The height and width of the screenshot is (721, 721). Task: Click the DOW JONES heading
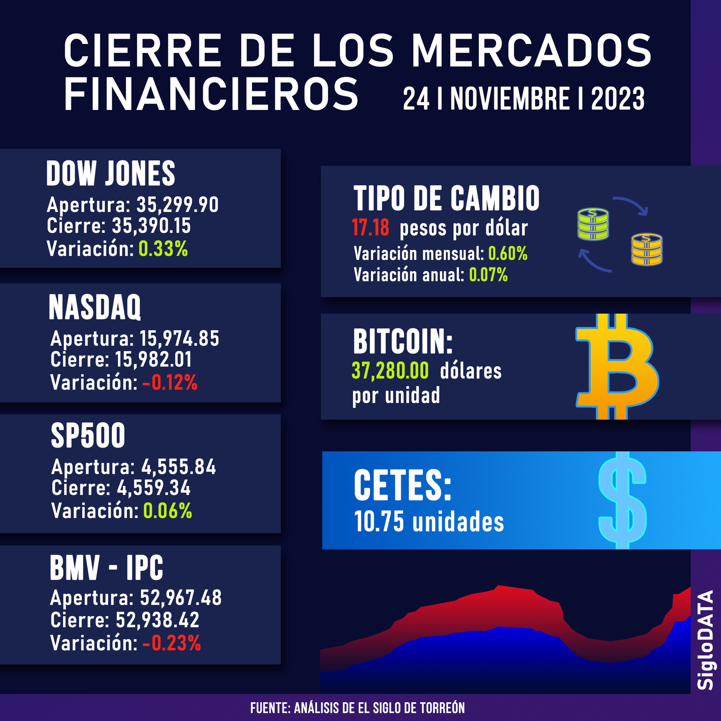coord(111,173)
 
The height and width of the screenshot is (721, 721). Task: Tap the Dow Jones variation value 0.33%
coord(163,249)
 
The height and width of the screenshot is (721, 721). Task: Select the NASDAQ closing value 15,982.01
coord(153,359)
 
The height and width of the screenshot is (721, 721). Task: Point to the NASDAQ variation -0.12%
coord(170,383)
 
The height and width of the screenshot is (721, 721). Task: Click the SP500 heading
coord(88,436)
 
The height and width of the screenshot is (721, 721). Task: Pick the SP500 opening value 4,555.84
coord(178,467)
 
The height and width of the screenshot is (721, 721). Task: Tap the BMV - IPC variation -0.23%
coord(172,643)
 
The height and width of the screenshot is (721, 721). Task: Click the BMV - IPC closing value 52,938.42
coord(157,620)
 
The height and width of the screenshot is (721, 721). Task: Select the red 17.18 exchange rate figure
coord(370,228)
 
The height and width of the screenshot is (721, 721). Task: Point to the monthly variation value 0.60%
coord(508,254)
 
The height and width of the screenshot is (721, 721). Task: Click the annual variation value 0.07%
coord(488,275)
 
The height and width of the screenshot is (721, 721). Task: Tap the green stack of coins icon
coord(593,224)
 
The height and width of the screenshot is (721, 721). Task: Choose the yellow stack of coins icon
coord(647,249)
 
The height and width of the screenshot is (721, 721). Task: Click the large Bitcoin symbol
coord(617,367)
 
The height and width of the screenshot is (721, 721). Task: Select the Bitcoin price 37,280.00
coord(390,371)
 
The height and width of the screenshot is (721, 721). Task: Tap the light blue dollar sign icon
coord(622,500)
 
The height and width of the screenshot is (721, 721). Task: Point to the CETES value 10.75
coord(379,522)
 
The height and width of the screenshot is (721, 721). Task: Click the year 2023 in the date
coord(618,99)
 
